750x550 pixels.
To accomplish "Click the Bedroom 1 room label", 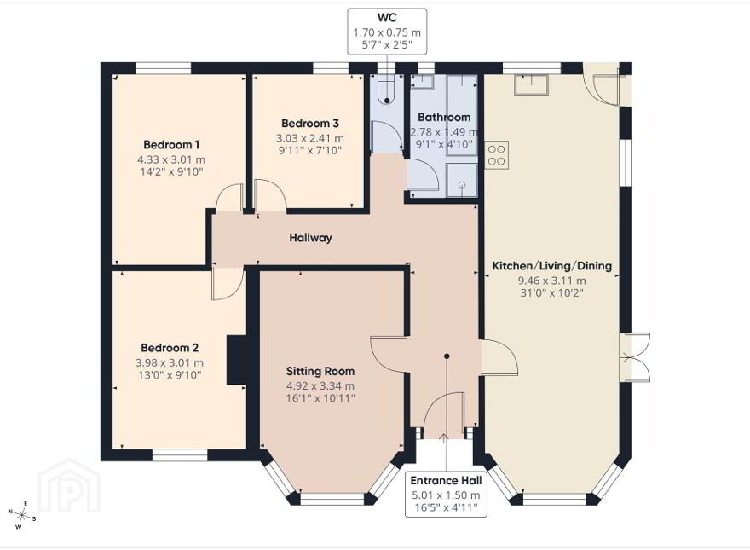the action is click(x=171, y=145).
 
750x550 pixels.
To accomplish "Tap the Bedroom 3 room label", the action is click(x=310, y=124).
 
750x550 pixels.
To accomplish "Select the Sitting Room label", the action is click(x=320, y=371).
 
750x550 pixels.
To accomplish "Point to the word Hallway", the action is click(x=310, y=238).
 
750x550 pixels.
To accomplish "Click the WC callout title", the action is click(x=387, y=18).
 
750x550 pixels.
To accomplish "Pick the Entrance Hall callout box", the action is click(x=446, y=495).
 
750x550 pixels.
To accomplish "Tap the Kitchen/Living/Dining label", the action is click(x=552, y=266).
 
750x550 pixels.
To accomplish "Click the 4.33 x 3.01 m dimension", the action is click(x=171, y=159).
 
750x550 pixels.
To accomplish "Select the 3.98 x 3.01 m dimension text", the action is click(x=170, y=363).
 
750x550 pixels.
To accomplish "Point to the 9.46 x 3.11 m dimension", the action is click(x=552, y=281).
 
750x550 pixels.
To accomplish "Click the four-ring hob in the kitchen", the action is click(x=497, y=155).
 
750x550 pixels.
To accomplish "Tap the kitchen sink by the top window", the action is click(x=532, y=84).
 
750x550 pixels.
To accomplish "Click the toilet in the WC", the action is click(x=386, y=90).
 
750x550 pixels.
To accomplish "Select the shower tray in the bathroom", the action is click(x=462, y=181).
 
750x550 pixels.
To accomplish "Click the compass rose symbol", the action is click(x=21, y=515).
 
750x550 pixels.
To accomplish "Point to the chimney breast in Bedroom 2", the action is click(x=236, y=360).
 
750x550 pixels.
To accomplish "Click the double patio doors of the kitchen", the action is click(x=635, y=356).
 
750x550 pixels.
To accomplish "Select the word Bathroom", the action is click(x=444, y=118).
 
